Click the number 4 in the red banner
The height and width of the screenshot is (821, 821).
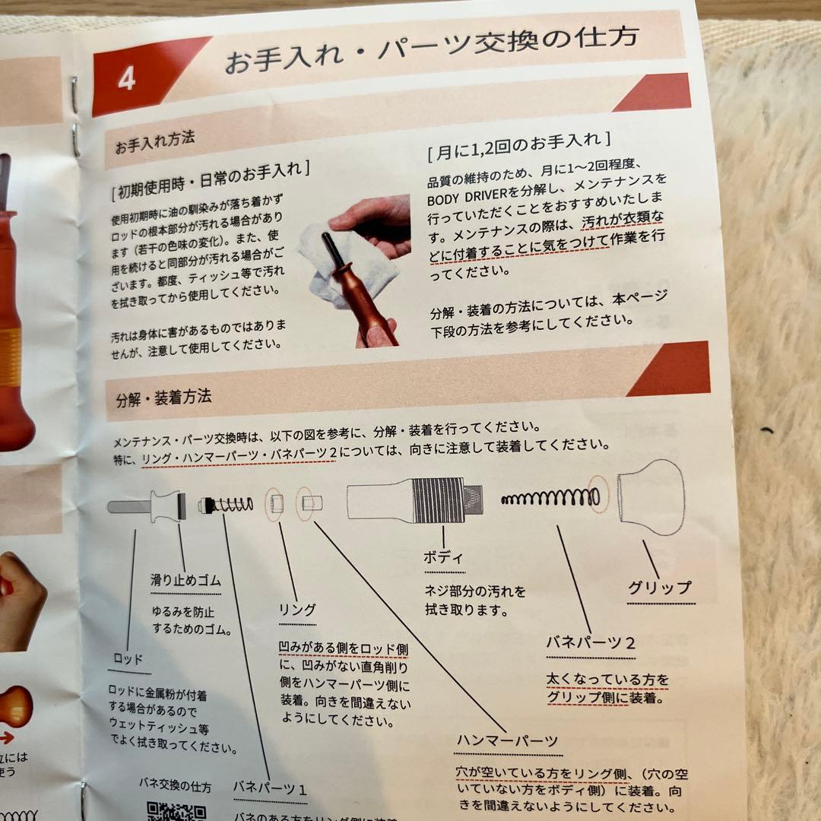click(x=126, y=79)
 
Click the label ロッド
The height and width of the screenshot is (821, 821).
click(x=128, y=659)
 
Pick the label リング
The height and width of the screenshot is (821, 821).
click(x=297, y=609)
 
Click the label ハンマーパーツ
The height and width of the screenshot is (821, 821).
click(x=508, y=740)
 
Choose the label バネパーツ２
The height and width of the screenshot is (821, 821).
click(x=591, y=642)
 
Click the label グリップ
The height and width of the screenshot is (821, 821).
click(x=660, y=588)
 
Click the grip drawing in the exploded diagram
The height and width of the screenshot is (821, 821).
click(x=650, y=497)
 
